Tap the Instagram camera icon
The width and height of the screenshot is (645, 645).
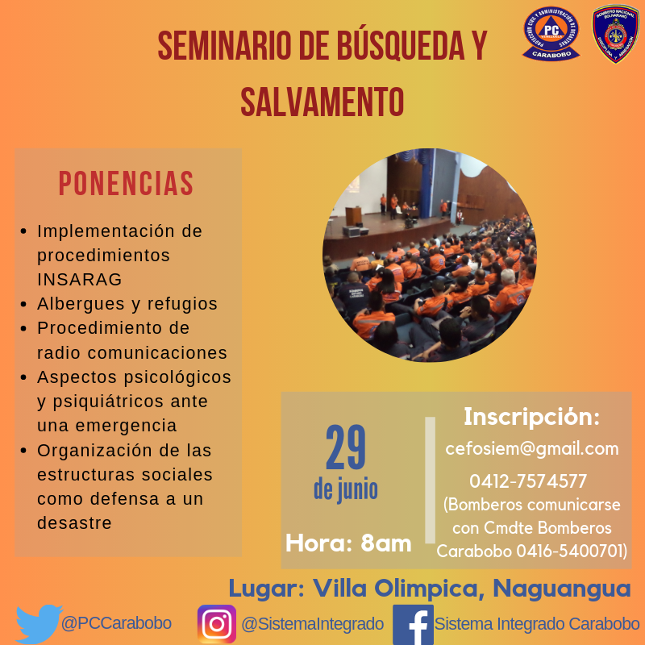pyautogui.click(x=217, y=624)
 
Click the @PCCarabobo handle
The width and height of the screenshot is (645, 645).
pyautogui.click(x=116, y=623)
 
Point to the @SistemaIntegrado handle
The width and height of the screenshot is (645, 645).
pyautogui.click(x=312, y=624)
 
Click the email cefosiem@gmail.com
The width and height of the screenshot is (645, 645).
pyautogui.click(x=532, y=448)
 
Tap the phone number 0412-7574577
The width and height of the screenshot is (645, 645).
pyautogui.click(x=528, y=481)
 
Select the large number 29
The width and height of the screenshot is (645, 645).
pyautogui.click(x=345, y=447)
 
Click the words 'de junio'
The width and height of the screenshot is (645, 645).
pyautogui.click(x=345, y=489)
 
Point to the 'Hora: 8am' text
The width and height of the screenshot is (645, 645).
pyautogui.click(x=348, y=543)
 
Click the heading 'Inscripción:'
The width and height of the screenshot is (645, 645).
pyautogui.click(x=532, y=417)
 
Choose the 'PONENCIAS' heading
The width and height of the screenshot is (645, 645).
pyautogui.click(x=126, y=184)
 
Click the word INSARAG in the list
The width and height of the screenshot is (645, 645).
pyautogui.click(x=80, y=279)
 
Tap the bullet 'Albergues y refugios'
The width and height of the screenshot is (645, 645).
pyautogui.click(x=127, y=304)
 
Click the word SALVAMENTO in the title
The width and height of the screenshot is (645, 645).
pyautogui.click(x=322, y=102)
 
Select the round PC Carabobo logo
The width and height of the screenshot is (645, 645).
pyautogui.click(x=551, y=33)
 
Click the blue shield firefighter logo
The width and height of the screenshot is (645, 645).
pyautogui.click(x=615, y=33)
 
